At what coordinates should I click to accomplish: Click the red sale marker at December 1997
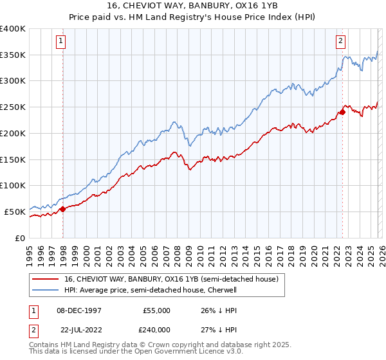point(62,209)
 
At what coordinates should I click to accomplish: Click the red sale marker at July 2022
point(342,112)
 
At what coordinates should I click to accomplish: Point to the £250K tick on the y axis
point(13,107)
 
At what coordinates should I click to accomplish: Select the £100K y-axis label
point(13,185)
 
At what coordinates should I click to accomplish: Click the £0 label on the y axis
point(20,238)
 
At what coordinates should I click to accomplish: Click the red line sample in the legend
point(46,280)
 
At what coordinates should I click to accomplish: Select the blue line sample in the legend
point(46,291)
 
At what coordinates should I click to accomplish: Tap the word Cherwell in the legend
point(221,291)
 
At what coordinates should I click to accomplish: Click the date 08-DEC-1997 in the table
point(78,310)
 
